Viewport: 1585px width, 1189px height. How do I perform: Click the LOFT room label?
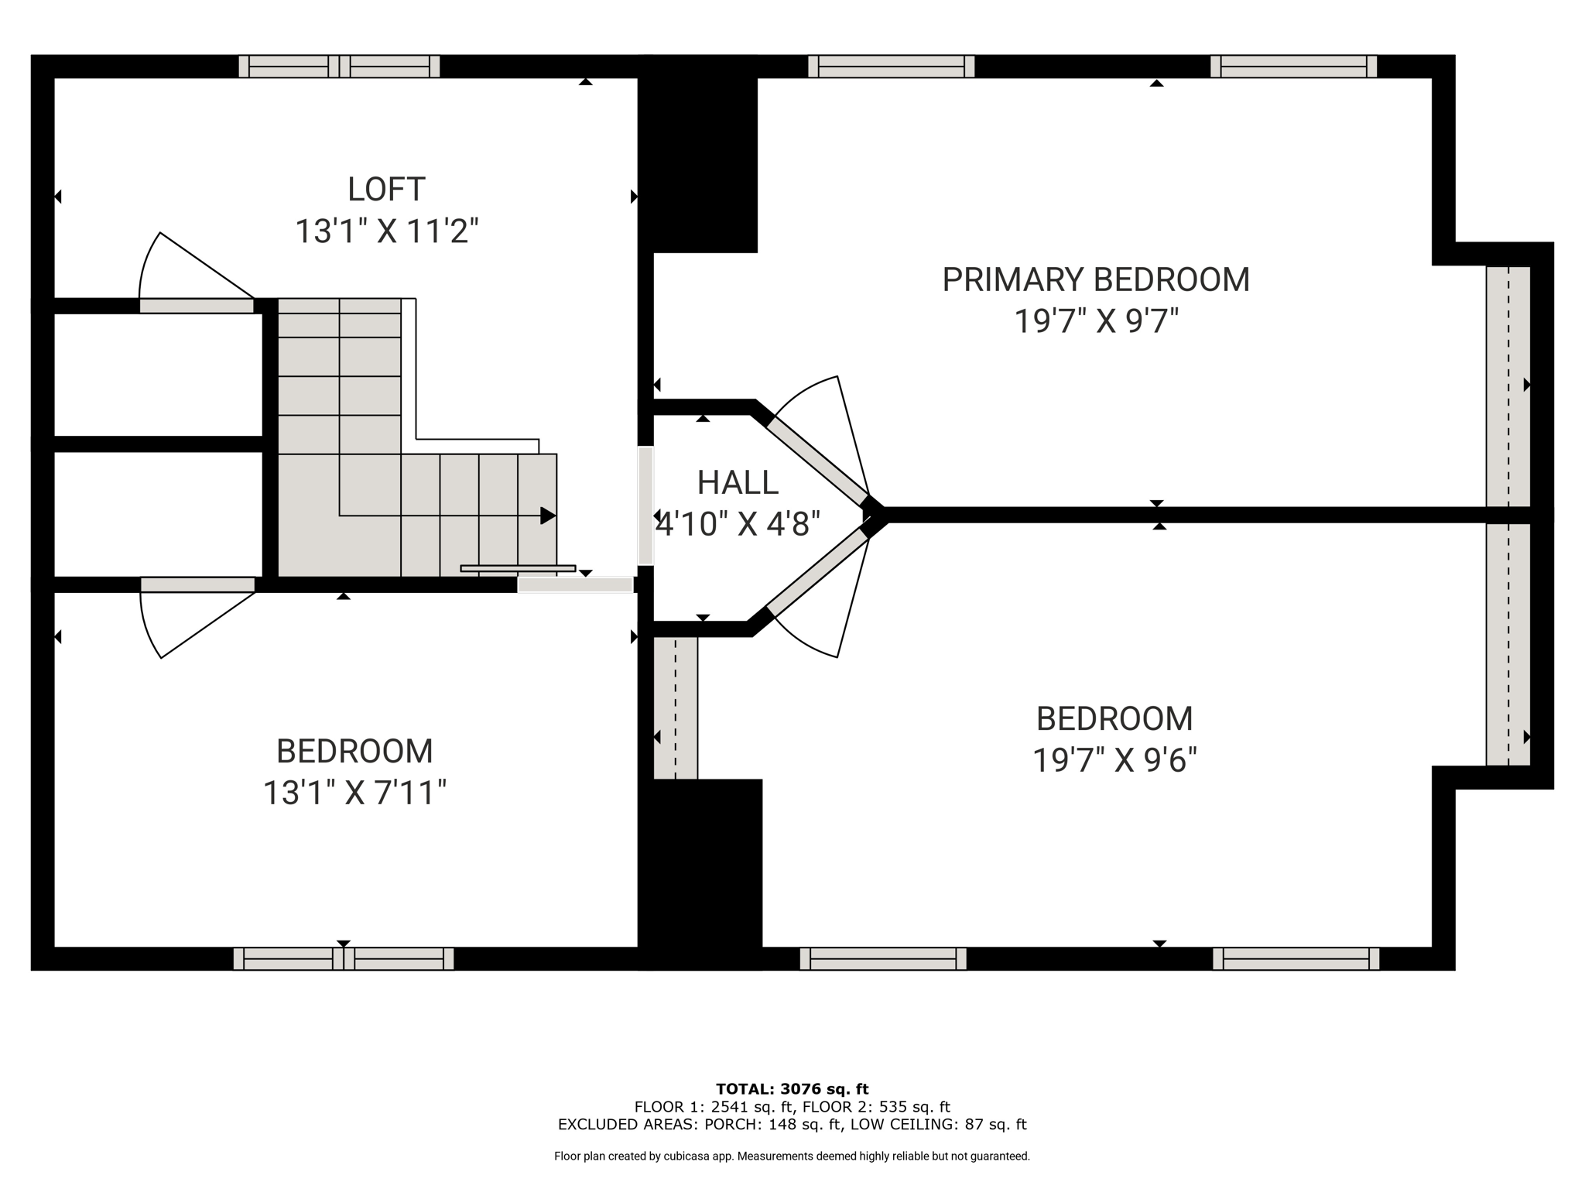pos(386,190)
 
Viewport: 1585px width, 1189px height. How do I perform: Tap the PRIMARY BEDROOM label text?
pos(1095,279)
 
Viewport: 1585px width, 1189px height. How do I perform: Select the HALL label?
pos(737,483)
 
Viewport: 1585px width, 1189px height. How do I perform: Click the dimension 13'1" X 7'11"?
pos(354,793)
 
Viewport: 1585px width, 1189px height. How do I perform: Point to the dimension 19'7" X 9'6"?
pos(1114,760)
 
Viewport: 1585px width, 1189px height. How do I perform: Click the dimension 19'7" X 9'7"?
pos(1095,320)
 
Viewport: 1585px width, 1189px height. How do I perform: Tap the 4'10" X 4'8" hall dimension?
pos(737,524)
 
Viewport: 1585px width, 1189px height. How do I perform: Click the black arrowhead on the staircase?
pos(547,516)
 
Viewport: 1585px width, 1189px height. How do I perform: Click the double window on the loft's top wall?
pos(339,67)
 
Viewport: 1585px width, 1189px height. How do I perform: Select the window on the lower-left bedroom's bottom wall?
pos(344,958)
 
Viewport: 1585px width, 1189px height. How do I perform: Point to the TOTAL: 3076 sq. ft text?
pos(792,1089)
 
